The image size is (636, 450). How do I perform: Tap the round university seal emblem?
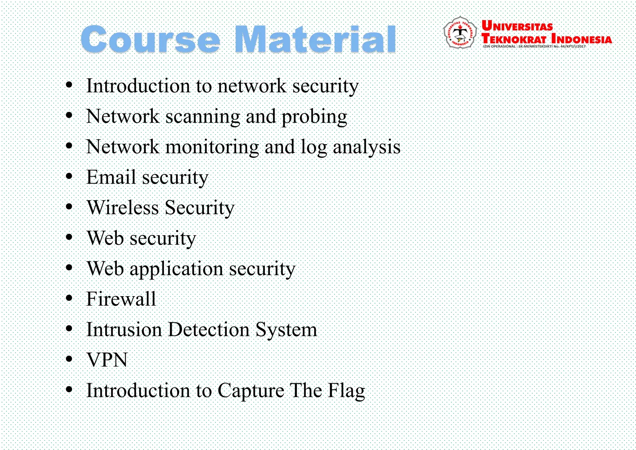(x=460, y=32)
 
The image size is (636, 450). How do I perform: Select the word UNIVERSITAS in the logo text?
(x=517, y=26)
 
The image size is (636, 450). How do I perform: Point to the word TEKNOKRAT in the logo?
(x=514, y=39)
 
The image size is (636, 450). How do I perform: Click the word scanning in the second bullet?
(x=202, y=117)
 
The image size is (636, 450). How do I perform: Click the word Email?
(x=111, y=177)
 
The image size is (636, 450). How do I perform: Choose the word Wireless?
(x=123, y=207)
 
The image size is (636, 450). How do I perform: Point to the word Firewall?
(x=121, y=299)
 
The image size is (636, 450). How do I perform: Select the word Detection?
(x=208, y=329)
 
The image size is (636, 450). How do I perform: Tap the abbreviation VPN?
(x=107, y=360)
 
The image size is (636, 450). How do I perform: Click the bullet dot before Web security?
(x=69, y=237)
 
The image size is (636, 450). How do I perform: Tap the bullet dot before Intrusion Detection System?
(x=69, y=328)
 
